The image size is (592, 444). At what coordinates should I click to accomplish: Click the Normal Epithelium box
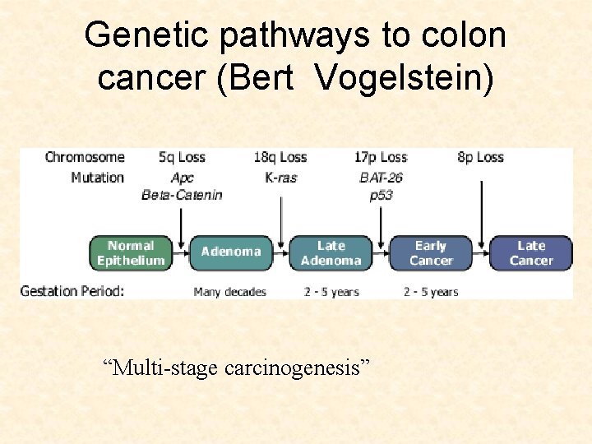point(131,253)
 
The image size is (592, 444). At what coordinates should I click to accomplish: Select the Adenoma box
point(231,252)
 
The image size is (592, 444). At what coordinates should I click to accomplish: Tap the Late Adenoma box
point(331,253)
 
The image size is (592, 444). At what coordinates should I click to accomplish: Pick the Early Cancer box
point(431,253)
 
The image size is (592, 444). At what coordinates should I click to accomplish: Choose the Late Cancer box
point(531,253)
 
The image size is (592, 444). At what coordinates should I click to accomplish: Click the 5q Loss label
point(183,157)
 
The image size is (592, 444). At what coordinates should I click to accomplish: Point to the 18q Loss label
point(281,157)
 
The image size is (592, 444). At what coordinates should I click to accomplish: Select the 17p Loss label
point(382,157)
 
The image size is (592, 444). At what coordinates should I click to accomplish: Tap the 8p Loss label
point(480,157)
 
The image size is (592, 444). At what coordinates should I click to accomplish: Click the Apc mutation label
point(183,178)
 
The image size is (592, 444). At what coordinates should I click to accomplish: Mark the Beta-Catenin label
point(183,196)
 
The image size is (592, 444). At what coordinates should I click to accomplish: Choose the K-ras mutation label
point(281,178)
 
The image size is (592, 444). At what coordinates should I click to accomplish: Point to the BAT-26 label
point(382,178)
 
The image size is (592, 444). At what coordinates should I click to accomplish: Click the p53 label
point(381,196)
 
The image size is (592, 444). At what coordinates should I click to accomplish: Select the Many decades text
point(230,292)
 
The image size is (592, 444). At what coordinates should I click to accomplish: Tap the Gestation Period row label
point(72,291)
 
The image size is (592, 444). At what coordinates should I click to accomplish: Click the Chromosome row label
point(85,157)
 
